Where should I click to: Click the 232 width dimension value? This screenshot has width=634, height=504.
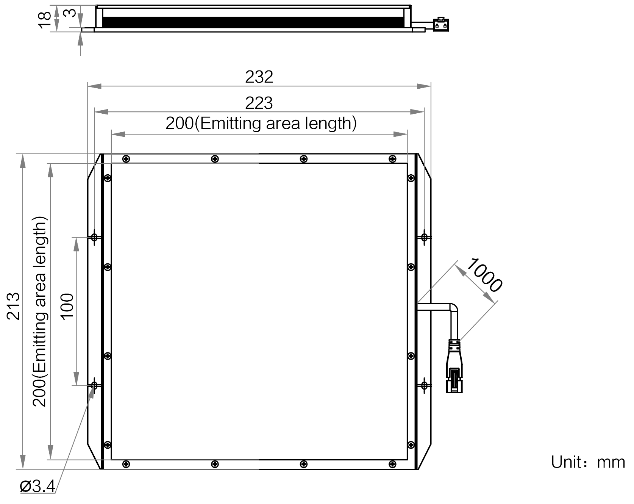pyautogui.click(x=259, y=77)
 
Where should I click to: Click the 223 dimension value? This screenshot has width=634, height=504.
pyautogui.click(x=259, y=103)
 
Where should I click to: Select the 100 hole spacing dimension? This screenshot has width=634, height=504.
pyautogui.click(x=67, y=307)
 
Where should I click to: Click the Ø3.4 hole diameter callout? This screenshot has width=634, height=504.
pyautogui.click(x=38, y=486)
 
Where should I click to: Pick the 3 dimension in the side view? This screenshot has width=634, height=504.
pyautogui.click(x=69, y=13)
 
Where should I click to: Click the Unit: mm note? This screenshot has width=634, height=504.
pyautogui.click(x=588, y=462)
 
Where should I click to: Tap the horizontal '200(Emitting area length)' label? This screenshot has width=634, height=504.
pyautogui.click(x=261, y=124)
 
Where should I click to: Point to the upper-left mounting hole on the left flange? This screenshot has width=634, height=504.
pyautogui.click(x=94, y=237)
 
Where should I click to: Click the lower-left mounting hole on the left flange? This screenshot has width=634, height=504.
pyautogui.click(x=94, y=385)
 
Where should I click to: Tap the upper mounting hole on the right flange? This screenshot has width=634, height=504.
pyautogui.click(x=424, y=237)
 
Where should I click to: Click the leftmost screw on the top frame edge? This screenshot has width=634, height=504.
pyautogui.click(x=126, y=159)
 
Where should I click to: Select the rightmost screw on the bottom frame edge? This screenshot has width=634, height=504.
pyautogui.click(x=392, y=464)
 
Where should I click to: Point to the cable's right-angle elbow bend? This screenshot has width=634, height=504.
pyautogui.click(x=453, y=308)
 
